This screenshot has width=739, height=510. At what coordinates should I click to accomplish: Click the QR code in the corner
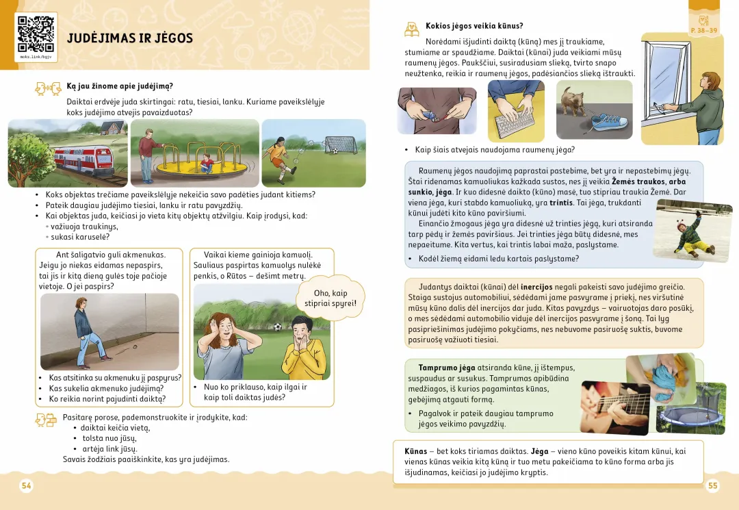36,34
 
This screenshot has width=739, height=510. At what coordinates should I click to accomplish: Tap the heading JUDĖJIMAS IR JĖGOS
130,38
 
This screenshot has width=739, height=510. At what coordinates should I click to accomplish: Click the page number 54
26,485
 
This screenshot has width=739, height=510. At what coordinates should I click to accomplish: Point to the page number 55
713,485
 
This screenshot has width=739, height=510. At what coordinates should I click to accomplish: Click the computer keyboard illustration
515,120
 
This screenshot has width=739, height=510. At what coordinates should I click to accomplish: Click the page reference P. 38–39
704,31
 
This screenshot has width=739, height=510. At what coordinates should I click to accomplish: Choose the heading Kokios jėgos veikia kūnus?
474,26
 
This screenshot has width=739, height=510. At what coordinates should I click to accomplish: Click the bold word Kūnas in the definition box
415,451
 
